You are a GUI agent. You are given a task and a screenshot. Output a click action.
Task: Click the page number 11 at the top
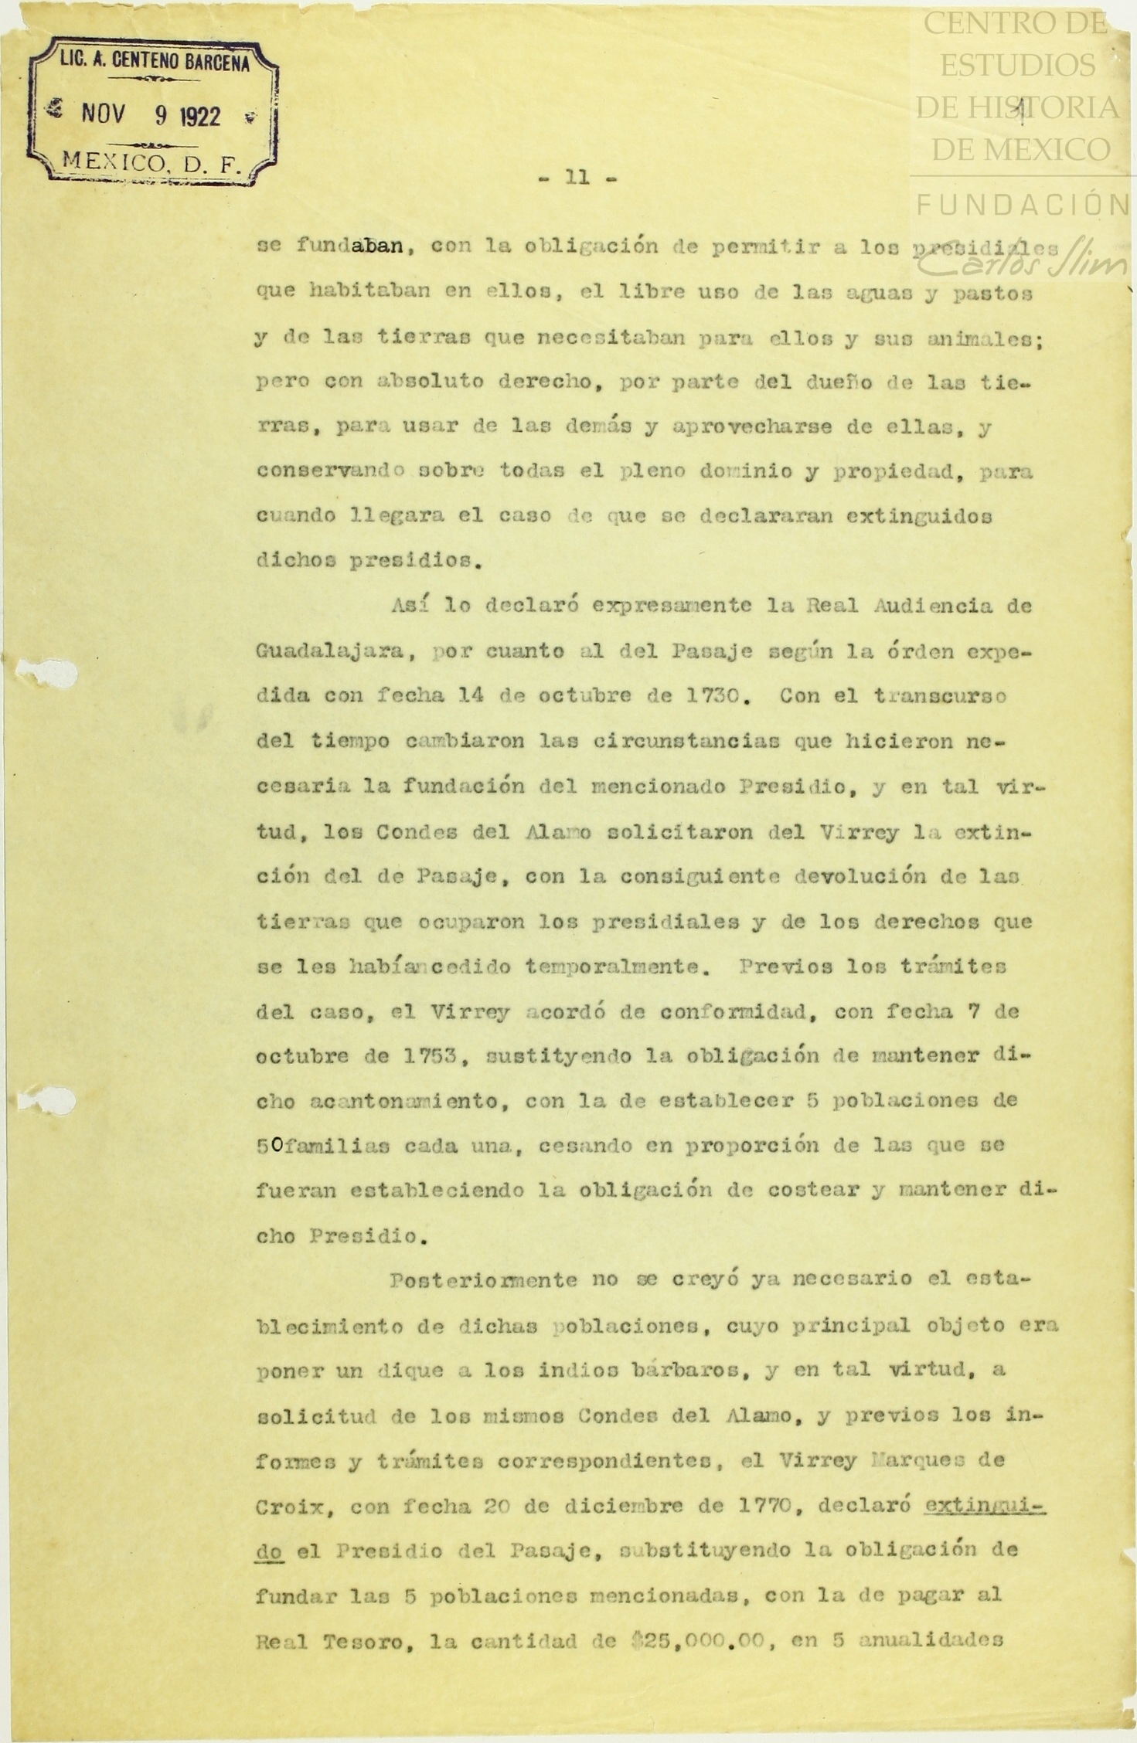click(577, 177)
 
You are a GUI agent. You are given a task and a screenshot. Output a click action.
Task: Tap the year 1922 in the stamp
click(199, 116)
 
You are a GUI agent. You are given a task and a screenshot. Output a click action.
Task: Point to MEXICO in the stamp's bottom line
click(113, 161)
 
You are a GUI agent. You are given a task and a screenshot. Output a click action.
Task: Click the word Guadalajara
click(330, 651)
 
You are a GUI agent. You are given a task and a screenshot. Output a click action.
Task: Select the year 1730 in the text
click(720, 695)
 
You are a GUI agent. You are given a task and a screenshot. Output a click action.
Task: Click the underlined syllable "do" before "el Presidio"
click(269, 1550)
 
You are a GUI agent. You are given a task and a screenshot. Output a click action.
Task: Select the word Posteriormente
click(483, 1280)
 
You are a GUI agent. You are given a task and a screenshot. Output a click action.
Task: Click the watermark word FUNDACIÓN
click(1023, 206)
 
